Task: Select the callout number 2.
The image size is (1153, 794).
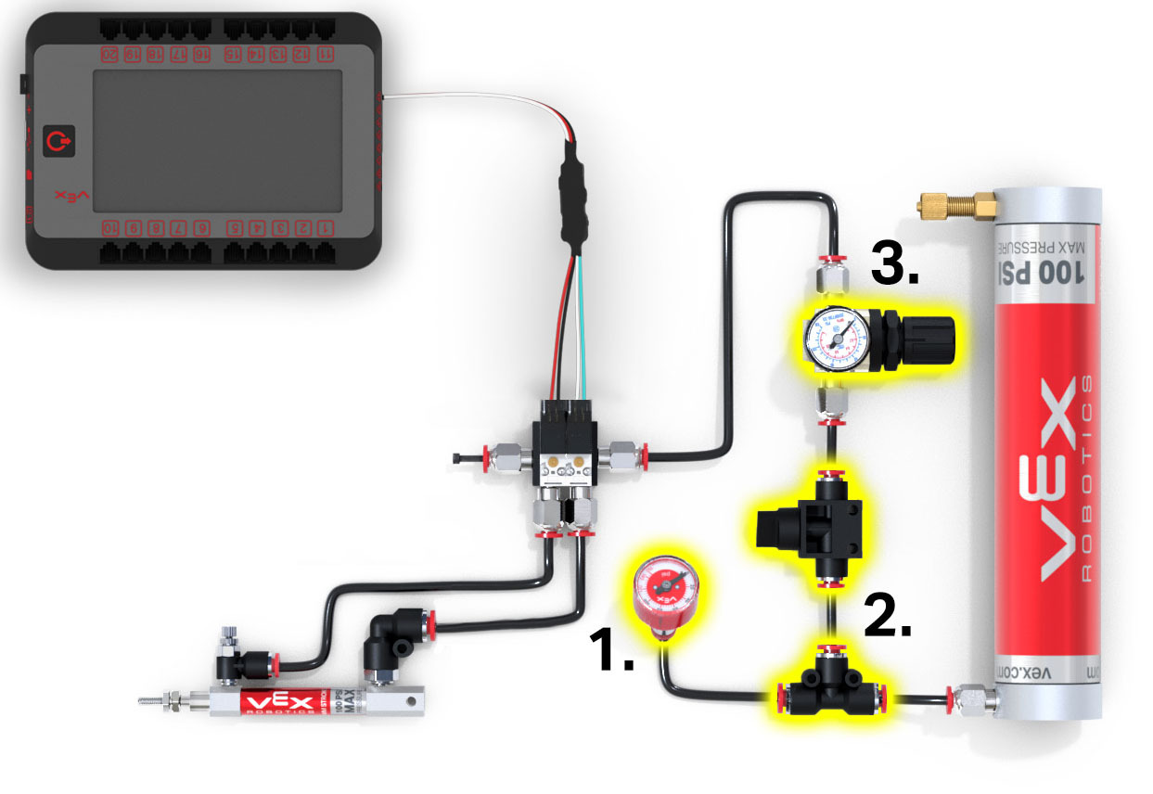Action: click(888, 616)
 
